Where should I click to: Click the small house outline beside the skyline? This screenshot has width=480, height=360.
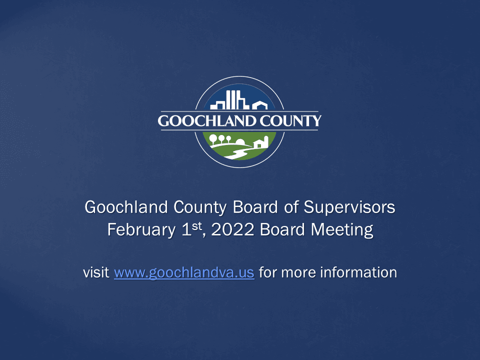click(259, 105)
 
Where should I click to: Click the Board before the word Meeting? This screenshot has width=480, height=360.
click(284, 230)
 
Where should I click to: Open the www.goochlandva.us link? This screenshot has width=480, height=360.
click(184, 273)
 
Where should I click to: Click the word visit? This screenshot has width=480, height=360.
click(96, 273)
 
